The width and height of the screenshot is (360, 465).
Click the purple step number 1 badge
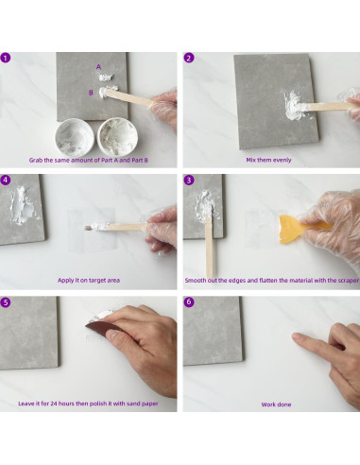click(6, 58)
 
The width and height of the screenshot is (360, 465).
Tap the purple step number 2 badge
click(189, 58)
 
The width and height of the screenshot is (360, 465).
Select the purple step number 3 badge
click(189, 180)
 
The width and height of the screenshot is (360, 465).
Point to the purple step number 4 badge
click(6, 180)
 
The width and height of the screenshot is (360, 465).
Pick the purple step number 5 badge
click(6, 302)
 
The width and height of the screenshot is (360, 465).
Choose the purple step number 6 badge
click(189, 301)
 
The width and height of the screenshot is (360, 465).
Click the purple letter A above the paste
click(98, 67)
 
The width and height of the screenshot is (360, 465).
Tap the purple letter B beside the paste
click(91, 93)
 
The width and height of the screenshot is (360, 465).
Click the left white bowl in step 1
click(74, 137)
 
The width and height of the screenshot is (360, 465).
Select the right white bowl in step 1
click(117, 136)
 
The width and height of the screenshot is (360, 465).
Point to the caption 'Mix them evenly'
click(268, 160)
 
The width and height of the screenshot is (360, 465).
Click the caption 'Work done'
click(276, 405)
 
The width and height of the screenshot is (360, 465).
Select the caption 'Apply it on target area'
click(89, 280)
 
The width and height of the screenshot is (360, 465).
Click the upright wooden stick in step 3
click(209, 246)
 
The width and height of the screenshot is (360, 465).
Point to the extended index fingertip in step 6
click(295, 336)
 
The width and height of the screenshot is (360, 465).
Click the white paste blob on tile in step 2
click(295, 106)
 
